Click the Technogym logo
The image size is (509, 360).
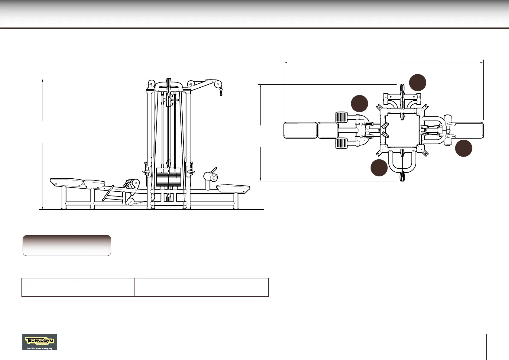(x=40, y=342)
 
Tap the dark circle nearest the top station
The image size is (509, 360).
(x=418, y=83)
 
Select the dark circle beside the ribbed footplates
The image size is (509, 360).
(x=359, y=103)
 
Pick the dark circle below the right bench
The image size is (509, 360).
(x=464, y=148)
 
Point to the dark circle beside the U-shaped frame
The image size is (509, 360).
(x=379, y=168)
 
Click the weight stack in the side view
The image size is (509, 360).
(x=169, y=177)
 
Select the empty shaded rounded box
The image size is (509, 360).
(x=67, y=245)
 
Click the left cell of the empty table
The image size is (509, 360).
(x=78, y=287)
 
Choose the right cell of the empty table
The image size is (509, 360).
(x=201, y=287)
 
